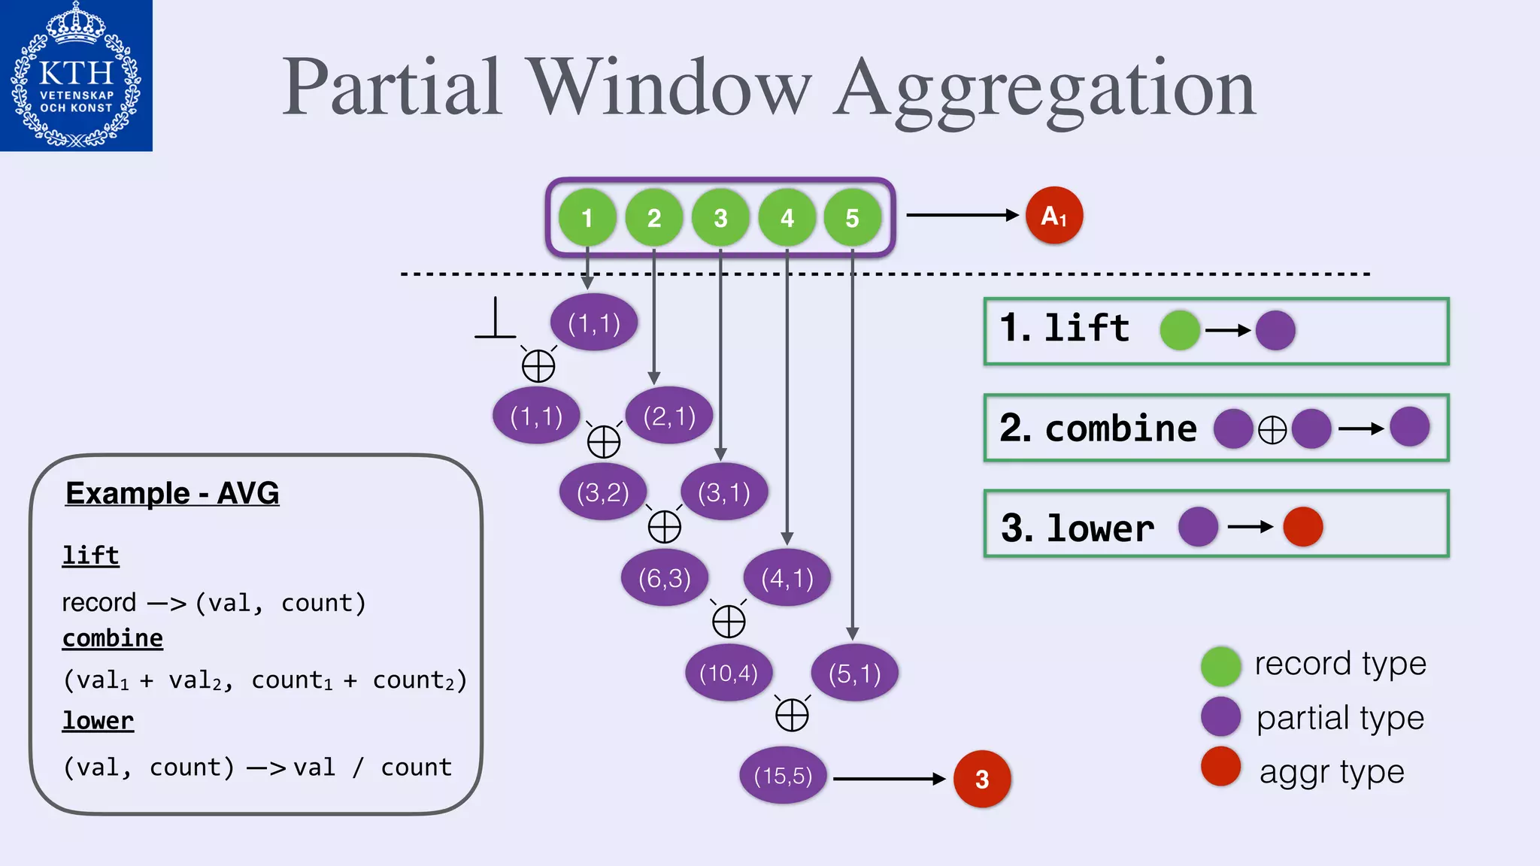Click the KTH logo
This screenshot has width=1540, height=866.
click(76, 75)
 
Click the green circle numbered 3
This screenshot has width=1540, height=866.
click(720, 218)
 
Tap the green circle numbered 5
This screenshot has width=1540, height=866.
click(852, 218)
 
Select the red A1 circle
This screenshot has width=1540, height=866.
click(1054, 216)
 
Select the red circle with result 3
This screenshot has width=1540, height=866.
click(981, 779)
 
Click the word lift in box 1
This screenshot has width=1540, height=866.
click(1087, 329)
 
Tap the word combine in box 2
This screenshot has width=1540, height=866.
click(1120, 428)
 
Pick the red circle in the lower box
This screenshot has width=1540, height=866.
click(1302, 526)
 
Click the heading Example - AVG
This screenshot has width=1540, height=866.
click(172, 494)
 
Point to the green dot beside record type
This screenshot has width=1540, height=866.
click(1220, 666)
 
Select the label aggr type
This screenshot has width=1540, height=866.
click(1332, 772)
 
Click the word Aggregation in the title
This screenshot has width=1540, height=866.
click(1045, 89)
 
